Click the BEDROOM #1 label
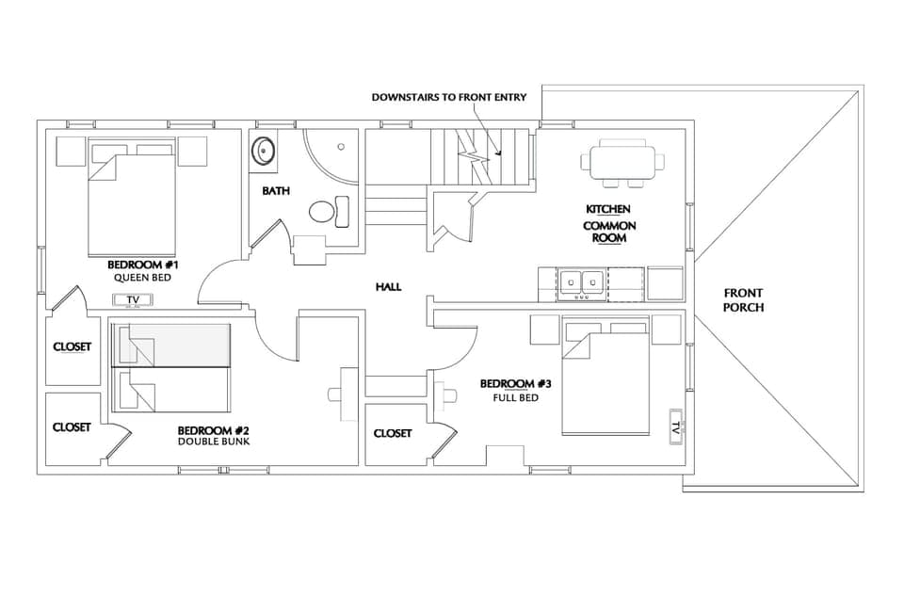[x=140, y=265]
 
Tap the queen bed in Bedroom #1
[x=131, y=202]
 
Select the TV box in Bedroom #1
[x=133, y=300]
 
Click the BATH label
[x=276, y=191]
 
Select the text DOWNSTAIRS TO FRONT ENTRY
[x=448, y=97]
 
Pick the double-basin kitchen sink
[x=581, y=281]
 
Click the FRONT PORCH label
[x=743, y=300]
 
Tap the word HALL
[x=388, y=286]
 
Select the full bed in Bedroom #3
[x=605, y=385]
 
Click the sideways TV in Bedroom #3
[x=675, y=425]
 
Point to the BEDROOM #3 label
[x=515, y=384]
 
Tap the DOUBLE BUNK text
[x=214, y=442]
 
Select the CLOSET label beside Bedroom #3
[x=392, y=433]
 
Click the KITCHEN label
[x=608, y=209]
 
